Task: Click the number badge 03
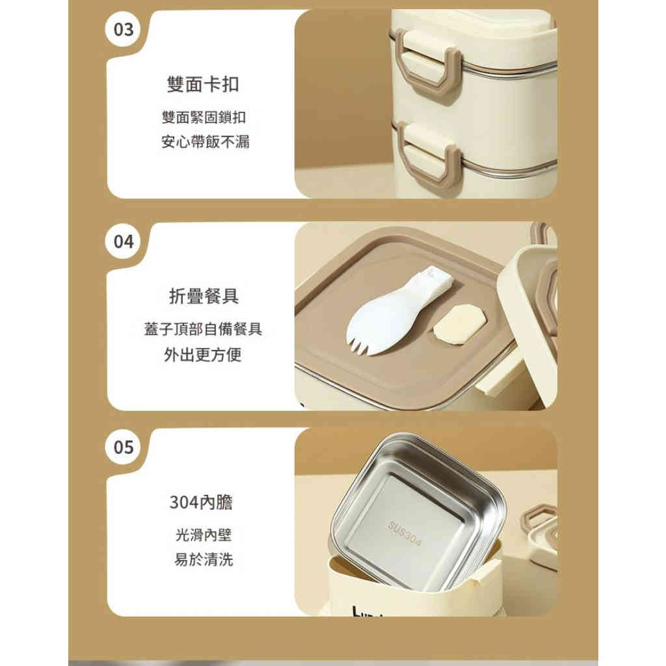coord(123,30)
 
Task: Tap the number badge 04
coord(123,242)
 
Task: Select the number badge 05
coord(123,447)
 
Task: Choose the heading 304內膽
coord(201,503)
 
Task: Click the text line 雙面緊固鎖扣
coord(204,118)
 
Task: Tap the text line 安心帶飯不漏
coord(205,141)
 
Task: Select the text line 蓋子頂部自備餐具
coord(204,329)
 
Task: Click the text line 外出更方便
coord(204,355)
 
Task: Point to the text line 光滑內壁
coord(204,535)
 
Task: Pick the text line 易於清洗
coord(204,559)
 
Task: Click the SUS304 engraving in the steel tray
coord(405,533)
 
